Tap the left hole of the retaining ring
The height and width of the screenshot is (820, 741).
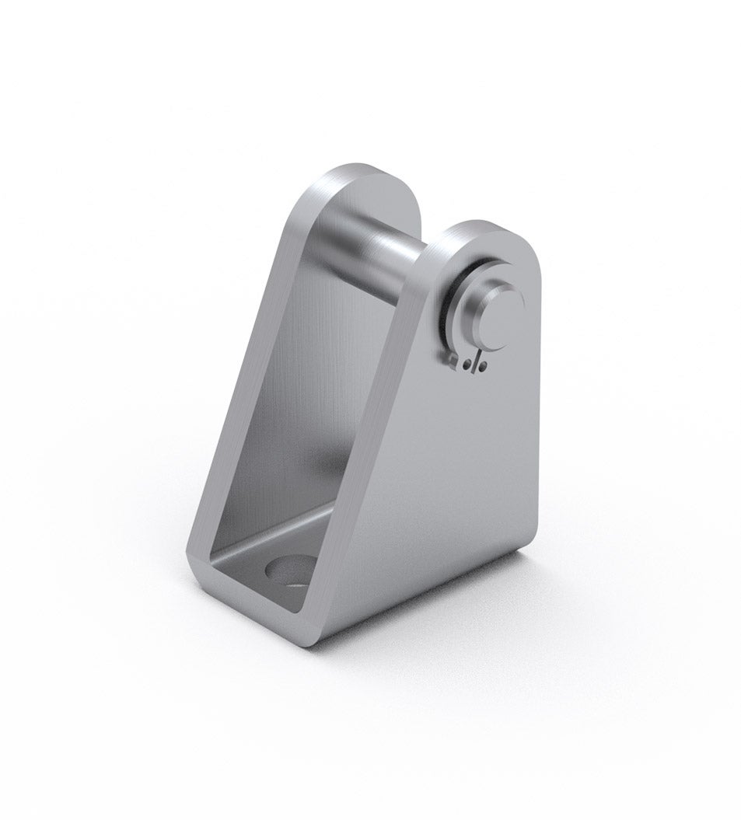click(x=467, y=363)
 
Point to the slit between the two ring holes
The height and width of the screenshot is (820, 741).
click(x=474, y=362)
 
